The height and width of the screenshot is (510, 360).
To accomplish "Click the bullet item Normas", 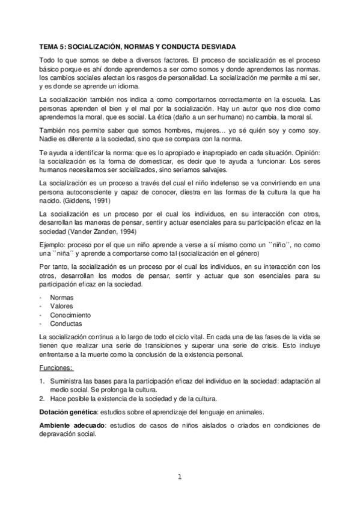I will (62, 297).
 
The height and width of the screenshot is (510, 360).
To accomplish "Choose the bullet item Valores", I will (62, 306).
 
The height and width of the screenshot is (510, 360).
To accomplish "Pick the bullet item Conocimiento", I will (70, 315).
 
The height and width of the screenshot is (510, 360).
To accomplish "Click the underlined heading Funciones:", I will (56, 368).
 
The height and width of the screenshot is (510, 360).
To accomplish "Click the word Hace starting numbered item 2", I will (58, 399).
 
